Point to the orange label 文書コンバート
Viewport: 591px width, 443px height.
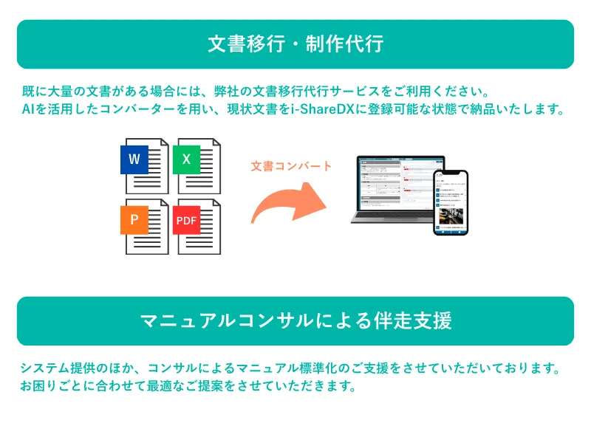click(x=292, y=166)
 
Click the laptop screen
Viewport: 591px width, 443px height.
click(x=395, y=189)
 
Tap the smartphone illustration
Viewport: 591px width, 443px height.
click(x=451, y=202)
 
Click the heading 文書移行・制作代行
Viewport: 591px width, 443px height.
click(x=295, y=44)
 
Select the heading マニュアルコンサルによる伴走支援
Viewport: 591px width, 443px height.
click(x=295, y=320)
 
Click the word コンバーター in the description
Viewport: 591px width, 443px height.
click(x=144, y=111)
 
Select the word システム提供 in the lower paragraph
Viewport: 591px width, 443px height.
click(x=56, y=368)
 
